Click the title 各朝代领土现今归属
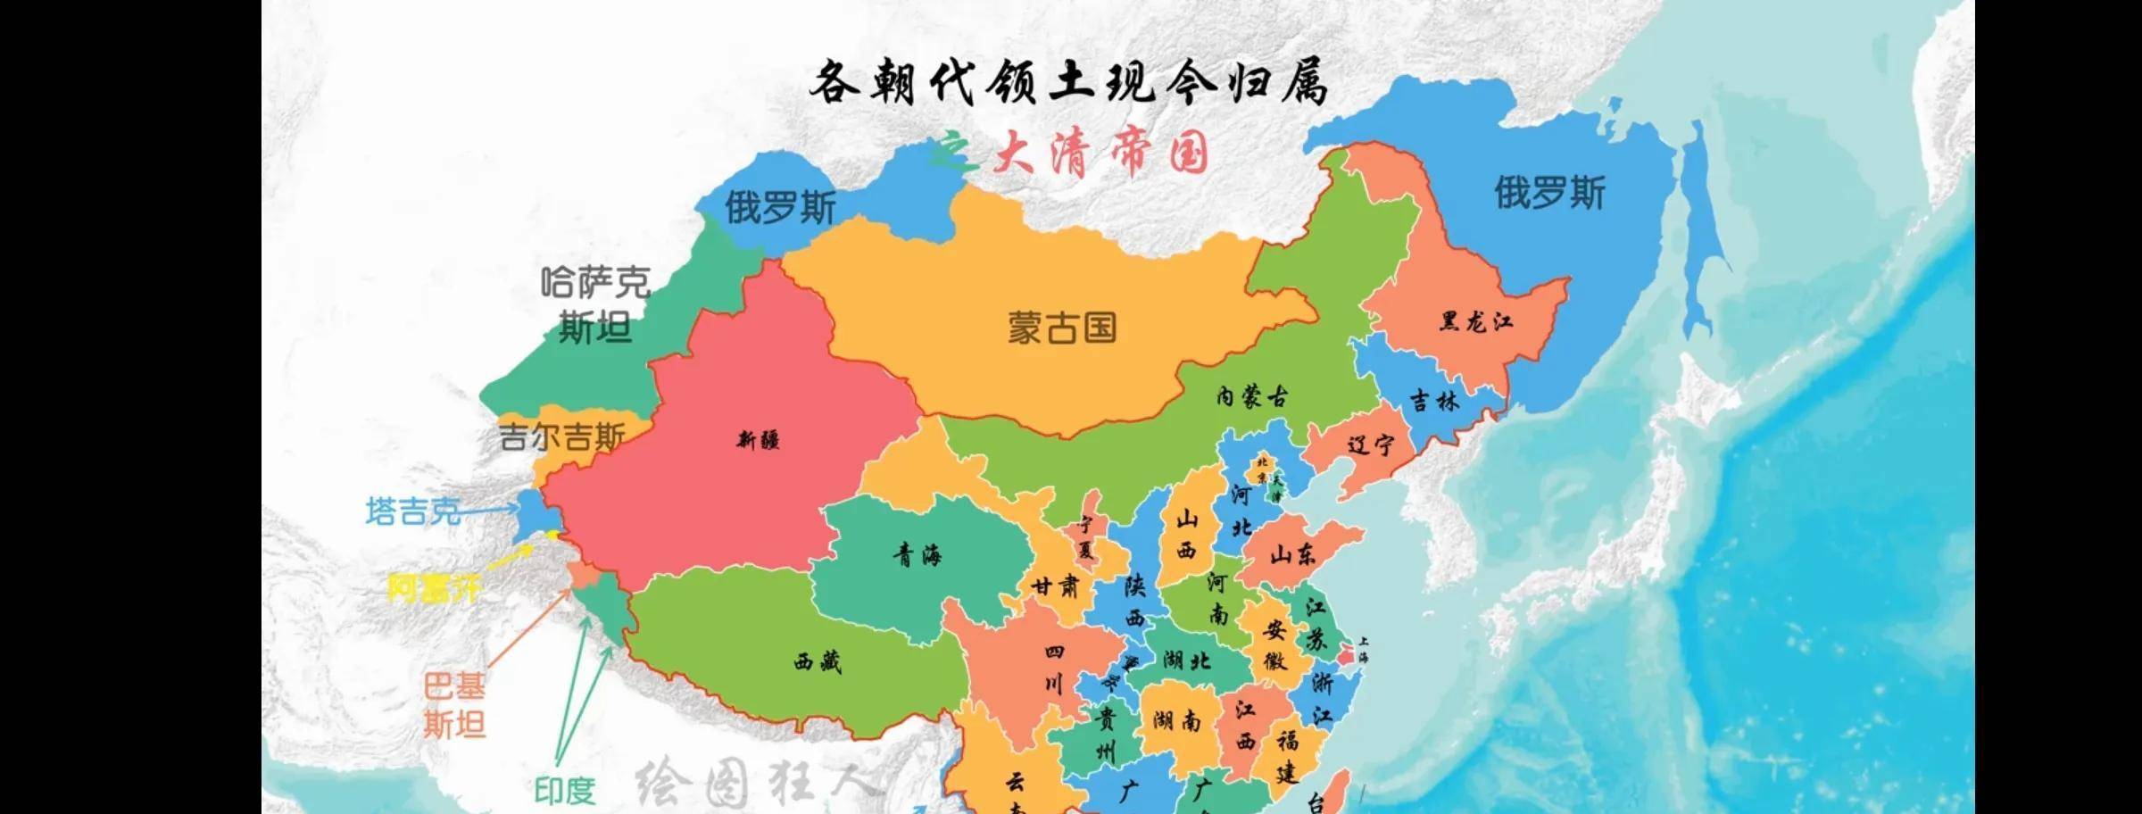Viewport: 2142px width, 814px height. pyautogui.click(x=1068, y=84)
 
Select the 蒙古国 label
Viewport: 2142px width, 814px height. pyautogui.click(x=1062, y=328)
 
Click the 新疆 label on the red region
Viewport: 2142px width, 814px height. pyautogui.click(x=758, y=440)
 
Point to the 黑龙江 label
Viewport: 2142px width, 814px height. pyautogui.click(x=1476, y=322)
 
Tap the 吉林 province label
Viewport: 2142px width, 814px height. pyautogui.click(x=1434, y=401)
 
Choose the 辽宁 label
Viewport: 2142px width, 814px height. pyautogui.click(x=1370, y=444)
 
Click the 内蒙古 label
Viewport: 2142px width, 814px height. pyautogui.click(x=1252, y=397)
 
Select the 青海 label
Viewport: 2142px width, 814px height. pyautogui.click(x=917, y=557)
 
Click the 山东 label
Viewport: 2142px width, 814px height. pyautogui.click(x=1292, y=555)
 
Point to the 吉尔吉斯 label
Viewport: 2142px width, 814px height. pyautogui.click(x=561, y=437)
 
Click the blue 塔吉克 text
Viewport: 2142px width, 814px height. pyautogui.click(x=413, y=511)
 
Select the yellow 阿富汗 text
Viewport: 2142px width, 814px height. pyautogui.click(x=433, y=588)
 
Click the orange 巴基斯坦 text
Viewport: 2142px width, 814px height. pyautogui.click(x=454, y=705)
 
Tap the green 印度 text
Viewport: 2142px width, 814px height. pyautogui.click(x=564, y=791)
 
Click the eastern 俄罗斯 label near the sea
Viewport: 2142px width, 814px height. pyautogui.click(x=1549, y=193)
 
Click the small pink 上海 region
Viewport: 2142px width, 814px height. pyautogui.click(x=1345, y=658)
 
